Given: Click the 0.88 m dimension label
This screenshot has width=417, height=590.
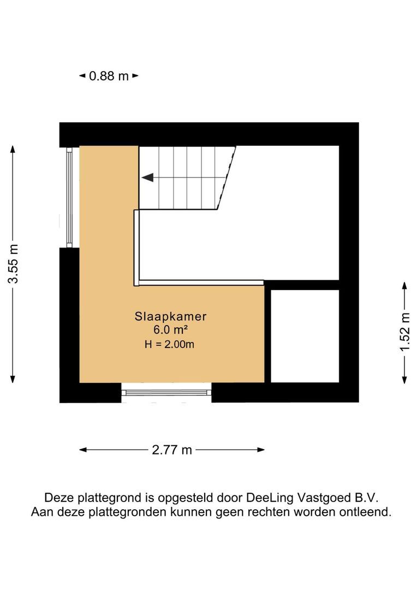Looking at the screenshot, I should (x=109, y=76).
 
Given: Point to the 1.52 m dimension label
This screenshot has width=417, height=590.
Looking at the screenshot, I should (x=404, y=333).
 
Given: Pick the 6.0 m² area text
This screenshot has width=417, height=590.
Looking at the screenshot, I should (x=171, y=330).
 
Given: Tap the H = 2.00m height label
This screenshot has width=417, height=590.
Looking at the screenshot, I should (x=170, y=344).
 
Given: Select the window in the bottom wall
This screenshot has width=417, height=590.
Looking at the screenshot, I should (x=166, y=392).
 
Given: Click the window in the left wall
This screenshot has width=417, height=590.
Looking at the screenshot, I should (x=69, y=197).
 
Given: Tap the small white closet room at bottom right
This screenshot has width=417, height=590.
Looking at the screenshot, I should (x=305, y=336).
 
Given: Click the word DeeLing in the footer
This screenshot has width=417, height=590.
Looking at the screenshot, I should (x=269, y=498).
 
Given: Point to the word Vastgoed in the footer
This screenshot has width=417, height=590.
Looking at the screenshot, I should (x=320, y=498).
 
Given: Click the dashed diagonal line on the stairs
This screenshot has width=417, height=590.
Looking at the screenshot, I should (x=228, y=178).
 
